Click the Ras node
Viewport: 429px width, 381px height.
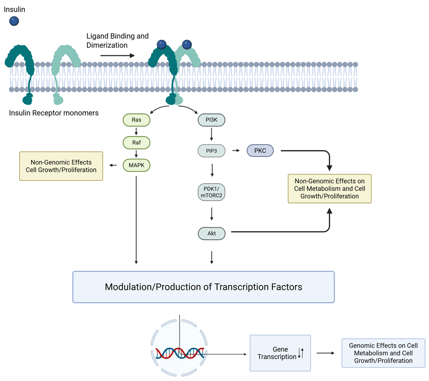point(136,120)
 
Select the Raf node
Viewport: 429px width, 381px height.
point(136,143)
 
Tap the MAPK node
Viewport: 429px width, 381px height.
point(136,165)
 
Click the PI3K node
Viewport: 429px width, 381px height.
point(212,120)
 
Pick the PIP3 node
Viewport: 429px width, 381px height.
point(212,151)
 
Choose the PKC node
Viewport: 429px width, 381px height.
point(260,151)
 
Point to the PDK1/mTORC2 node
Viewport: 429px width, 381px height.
point(212,192)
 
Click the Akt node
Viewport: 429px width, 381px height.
point(212,233)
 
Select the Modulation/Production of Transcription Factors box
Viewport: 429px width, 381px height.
point(204,287)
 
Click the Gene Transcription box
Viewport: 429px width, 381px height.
point(280,353)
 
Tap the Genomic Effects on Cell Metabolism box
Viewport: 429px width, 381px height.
point(383,353)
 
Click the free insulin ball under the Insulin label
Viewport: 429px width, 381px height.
point(14,21)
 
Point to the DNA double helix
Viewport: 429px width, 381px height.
point(180,354)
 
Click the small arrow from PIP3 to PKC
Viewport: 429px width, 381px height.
point(236,151)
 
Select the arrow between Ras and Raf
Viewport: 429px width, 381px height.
point(136,131)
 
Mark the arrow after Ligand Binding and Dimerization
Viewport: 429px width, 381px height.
point(117,55)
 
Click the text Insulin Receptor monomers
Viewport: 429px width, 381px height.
point(54,113)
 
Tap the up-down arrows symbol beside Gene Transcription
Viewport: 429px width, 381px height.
point(301,353)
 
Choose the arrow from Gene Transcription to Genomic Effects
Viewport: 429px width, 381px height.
point(326,353)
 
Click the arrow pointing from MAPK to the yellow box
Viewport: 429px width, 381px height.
point(113,165)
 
